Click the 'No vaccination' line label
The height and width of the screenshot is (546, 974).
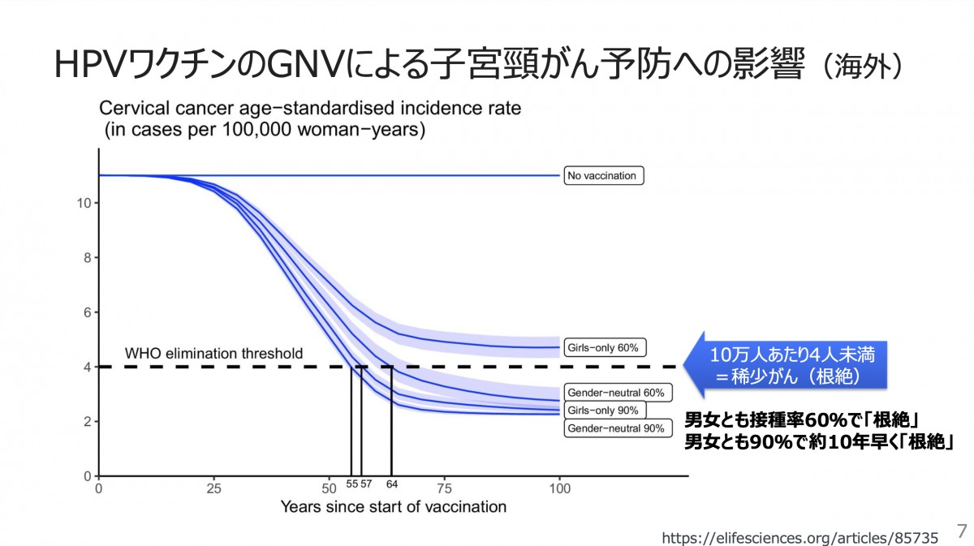point(604,175)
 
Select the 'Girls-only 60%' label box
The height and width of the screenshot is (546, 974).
point(604,347)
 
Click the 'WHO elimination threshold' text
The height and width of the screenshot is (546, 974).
point(213,354)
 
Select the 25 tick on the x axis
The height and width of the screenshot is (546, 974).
point(213,489)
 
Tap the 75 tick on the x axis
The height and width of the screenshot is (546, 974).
point(444,489)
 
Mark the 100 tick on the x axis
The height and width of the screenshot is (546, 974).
point(559,489)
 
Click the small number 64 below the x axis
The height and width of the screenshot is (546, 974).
point(392,484)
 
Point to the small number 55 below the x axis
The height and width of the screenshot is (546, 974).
point(351,484)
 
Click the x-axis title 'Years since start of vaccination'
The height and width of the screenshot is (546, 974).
point(393,507)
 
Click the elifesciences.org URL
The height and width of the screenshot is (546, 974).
point(799,538)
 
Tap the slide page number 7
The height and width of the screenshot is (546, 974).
point(962,531)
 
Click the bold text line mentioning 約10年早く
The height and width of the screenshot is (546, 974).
point(818,442)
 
